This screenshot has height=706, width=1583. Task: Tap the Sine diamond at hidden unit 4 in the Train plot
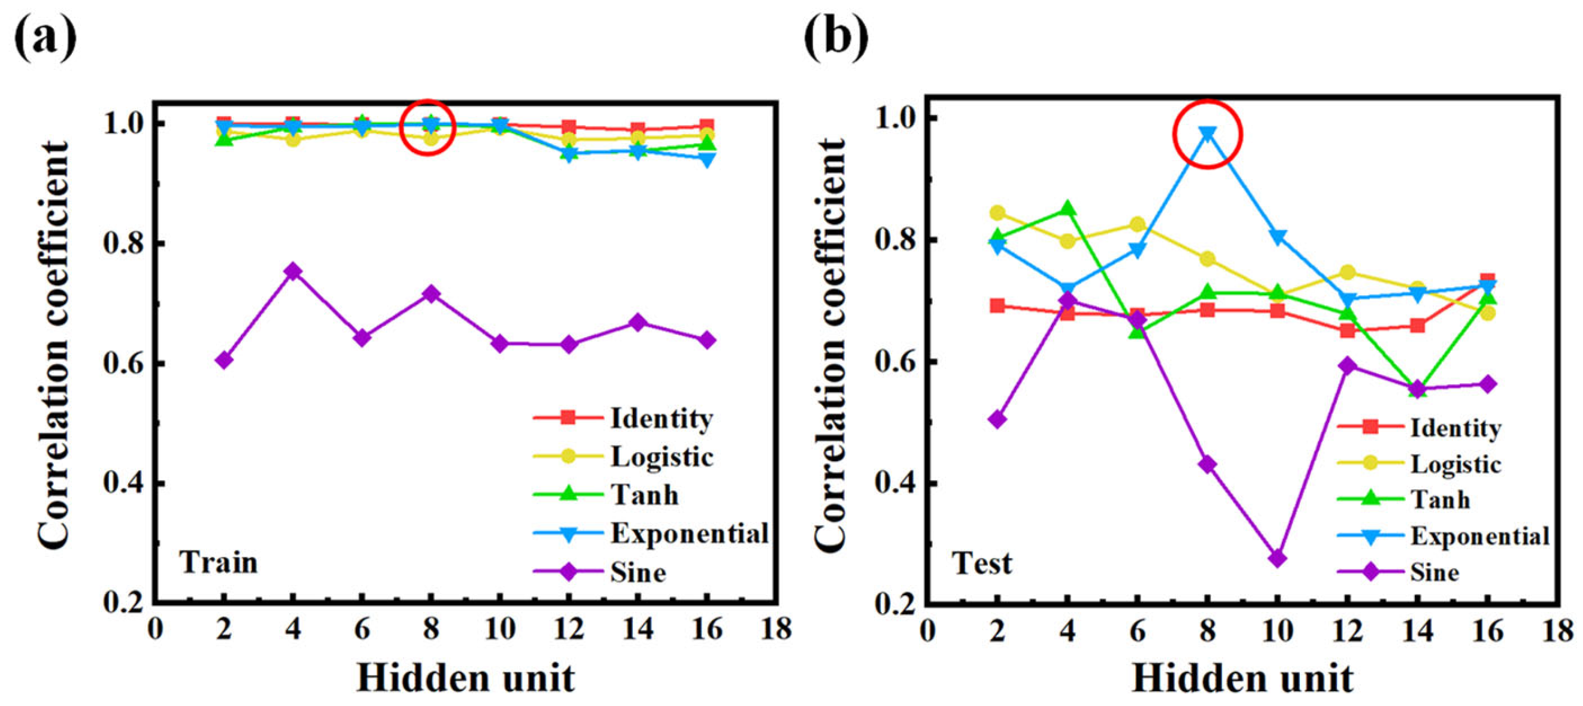pos(293,271)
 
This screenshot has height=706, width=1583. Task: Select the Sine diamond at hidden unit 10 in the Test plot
pos(1277,558)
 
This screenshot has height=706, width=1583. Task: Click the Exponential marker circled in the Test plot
pos(1208,134)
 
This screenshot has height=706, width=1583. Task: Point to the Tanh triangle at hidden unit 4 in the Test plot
pos(1068,209)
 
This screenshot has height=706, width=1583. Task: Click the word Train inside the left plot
pos(218,563)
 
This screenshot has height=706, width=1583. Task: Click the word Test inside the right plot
pos(981,563)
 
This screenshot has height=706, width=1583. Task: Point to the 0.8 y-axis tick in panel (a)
pos(123,243)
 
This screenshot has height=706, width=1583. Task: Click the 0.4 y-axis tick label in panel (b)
pos(897,484)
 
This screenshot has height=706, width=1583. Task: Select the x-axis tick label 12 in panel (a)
pos(569,629)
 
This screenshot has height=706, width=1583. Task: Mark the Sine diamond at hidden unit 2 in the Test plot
pos(997,420)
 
